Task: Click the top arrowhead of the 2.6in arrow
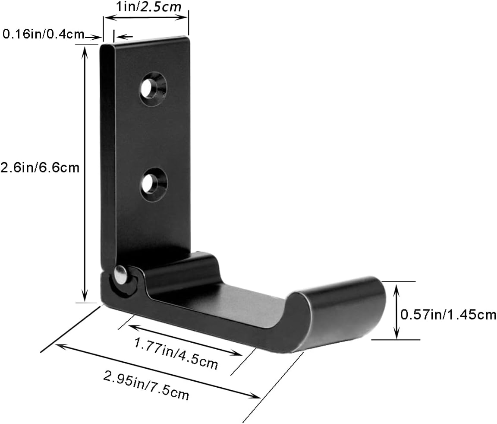(85, 49)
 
